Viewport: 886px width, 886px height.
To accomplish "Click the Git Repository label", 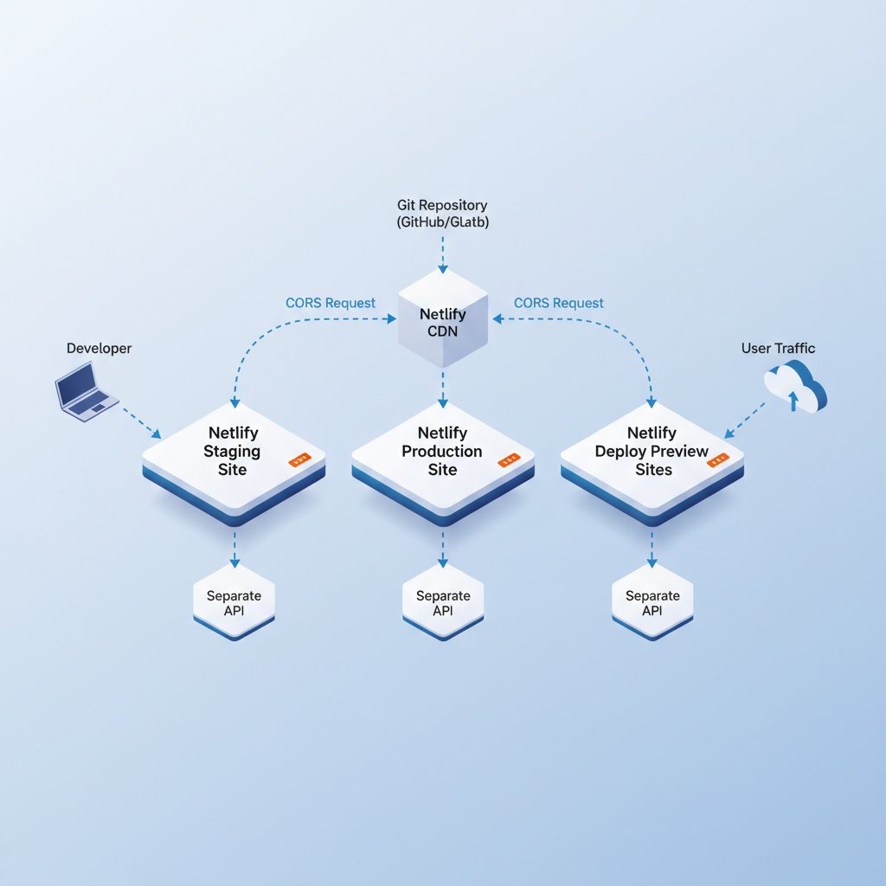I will (442, 213).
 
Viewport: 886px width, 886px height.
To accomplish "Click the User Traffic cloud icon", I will (796, 386).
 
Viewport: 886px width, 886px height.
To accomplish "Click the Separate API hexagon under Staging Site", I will (234, 602).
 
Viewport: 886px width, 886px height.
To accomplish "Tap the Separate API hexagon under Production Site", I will (443, 602).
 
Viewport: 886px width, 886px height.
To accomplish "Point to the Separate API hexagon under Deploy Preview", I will (652, 602).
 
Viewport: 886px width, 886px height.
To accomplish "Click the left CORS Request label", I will (331, 303).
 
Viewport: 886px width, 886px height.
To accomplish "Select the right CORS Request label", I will (559, 303).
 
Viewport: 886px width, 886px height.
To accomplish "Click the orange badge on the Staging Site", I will (299, 461).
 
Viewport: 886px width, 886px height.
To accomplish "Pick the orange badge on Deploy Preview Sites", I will (717, 460).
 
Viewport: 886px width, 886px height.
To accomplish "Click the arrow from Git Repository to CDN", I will (443, 253).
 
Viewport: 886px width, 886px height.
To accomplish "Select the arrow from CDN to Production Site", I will (443, 388).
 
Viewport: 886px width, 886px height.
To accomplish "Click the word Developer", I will (99, 348).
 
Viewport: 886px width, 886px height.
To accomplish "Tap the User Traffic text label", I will (778, 348).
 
